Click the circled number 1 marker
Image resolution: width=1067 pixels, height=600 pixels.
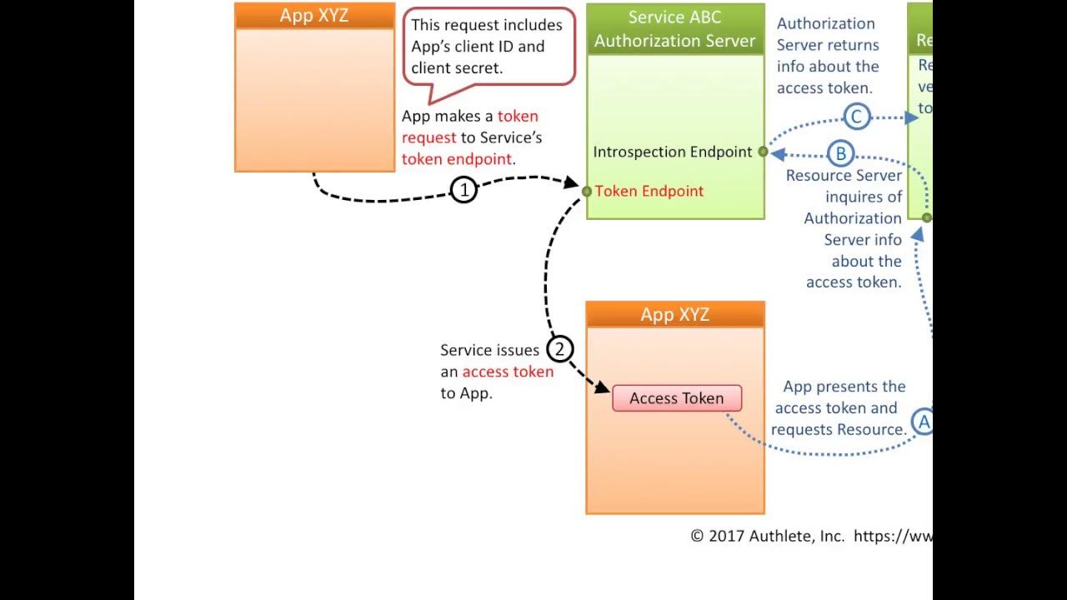[463, 190]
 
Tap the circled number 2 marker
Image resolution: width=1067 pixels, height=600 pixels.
[560, 348]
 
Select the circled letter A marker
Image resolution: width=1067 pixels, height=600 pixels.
[923, 422]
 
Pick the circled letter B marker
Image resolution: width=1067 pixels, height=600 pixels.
[840, 153]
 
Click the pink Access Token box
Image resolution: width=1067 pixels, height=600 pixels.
[676, 398]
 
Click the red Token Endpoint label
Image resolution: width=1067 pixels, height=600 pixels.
[649, 191]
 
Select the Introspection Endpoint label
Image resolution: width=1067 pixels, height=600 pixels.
[672, 152]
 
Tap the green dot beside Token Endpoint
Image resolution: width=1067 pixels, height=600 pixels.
[587, 192]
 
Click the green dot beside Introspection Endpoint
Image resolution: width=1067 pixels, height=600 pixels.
[762, 152]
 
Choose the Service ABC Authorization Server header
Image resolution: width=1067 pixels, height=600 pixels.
[674, 29]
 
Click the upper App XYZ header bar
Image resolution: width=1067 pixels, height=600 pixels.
[314, 16]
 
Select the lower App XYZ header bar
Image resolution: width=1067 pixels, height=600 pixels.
[674, 314]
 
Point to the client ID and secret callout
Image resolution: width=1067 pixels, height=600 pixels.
[488, 47]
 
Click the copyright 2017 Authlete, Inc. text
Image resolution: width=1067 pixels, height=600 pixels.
[768, 536]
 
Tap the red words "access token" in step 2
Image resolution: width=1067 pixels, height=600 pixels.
[508, 372]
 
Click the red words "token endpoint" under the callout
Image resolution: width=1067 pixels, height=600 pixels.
[457, 158]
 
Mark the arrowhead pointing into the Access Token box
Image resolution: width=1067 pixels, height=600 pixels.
[604, 388]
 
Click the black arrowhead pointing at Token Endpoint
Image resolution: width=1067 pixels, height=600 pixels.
[573, 182]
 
